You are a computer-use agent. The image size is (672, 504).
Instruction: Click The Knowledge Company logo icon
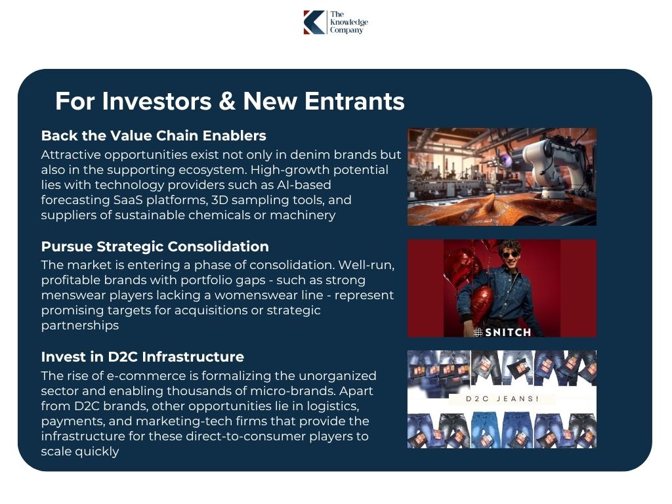(314, 22)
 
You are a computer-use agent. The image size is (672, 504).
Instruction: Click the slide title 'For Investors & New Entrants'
(230, 101)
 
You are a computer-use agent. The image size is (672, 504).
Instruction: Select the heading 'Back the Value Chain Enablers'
(154, 136)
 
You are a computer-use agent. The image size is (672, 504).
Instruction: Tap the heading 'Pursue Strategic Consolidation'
(155, 247)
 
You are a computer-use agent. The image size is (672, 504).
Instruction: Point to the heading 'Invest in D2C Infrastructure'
(142, 357)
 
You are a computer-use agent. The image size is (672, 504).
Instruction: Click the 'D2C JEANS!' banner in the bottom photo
(502, 398)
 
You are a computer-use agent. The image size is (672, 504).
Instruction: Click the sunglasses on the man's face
(509, 255)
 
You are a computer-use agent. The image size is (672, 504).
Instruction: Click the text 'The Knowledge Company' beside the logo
(348, 22)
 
